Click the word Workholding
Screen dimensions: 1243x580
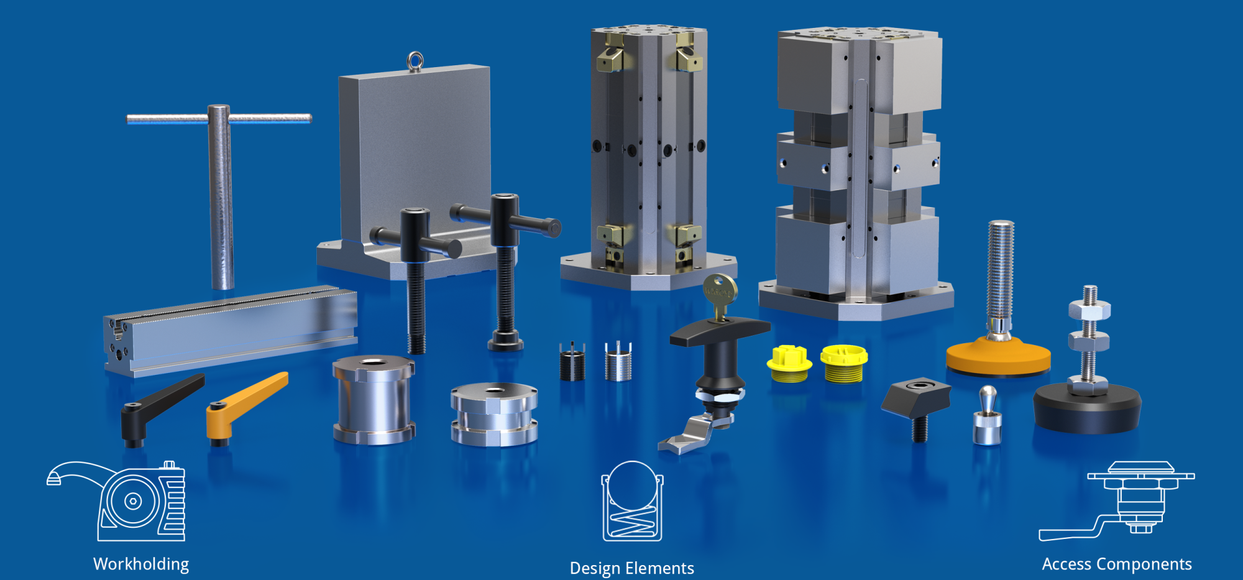141,564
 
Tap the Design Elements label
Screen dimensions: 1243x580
632,568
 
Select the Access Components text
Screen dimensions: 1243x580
1117,564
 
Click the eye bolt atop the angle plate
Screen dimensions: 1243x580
415,62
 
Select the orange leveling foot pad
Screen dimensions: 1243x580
998,356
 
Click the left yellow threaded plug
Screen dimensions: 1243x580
789,364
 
